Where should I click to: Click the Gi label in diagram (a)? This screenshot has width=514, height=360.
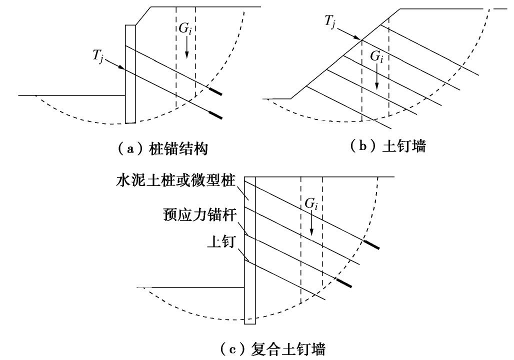tap(185, 29)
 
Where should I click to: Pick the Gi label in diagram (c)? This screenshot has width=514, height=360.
tap(311, 204)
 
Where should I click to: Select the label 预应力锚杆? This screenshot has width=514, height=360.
tap(198, 215)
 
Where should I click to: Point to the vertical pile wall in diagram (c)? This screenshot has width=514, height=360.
tap(250, 250)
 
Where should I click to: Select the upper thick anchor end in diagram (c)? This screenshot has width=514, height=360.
tap(371, 244)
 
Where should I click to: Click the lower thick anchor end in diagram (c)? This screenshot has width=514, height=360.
tap(343, 283)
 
